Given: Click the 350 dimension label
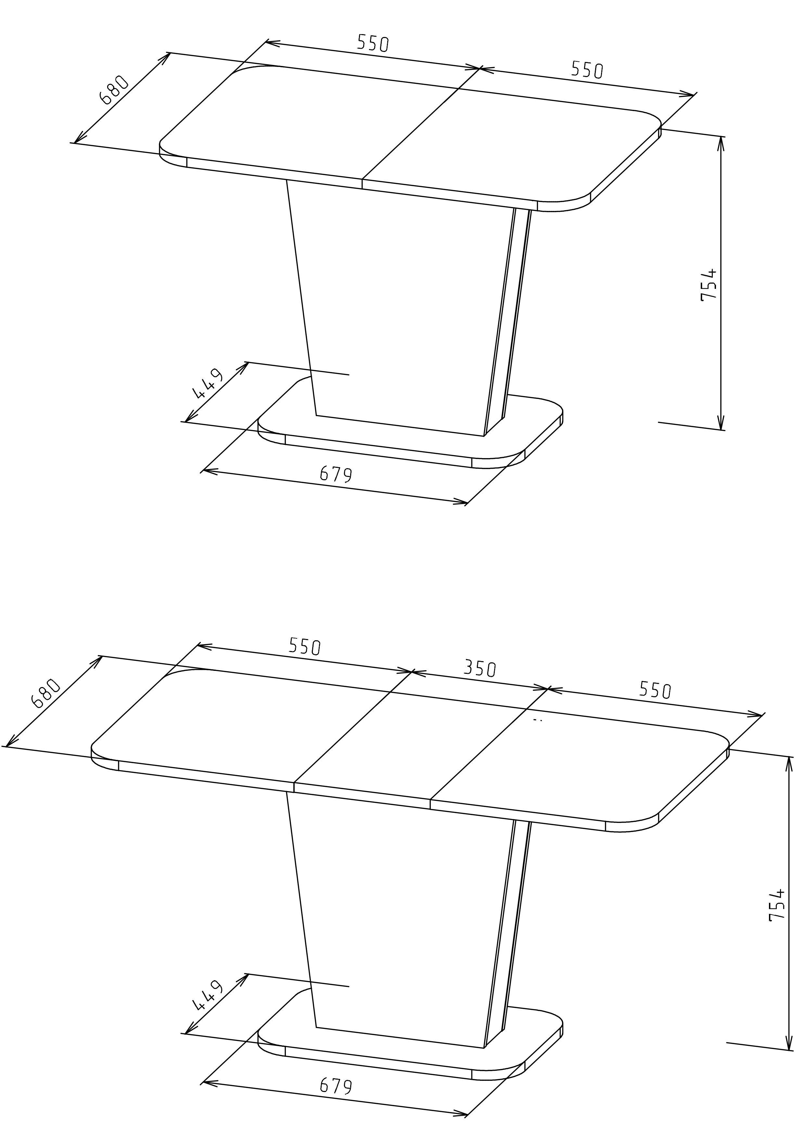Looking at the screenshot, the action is (x=480, y=669).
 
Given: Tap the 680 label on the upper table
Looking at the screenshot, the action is (x=115, y=90).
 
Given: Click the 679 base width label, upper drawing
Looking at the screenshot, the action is (x=336, y=475).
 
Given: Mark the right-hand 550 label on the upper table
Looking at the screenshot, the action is (x=587, y=70).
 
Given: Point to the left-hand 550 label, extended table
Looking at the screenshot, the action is (x=305, y=647).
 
